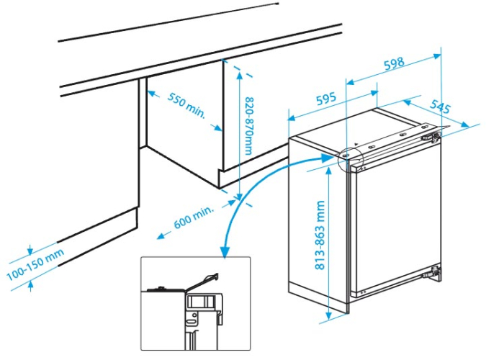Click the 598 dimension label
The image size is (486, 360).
393,65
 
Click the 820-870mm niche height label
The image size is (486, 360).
248,125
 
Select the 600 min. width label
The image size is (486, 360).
194,218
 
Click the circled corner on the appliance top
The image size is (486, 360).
345,154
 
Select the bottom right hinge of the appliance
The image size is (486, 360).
434,272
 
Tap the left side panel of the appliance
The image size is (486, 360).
317,223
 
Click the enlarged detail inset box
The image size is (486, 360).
195,302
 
